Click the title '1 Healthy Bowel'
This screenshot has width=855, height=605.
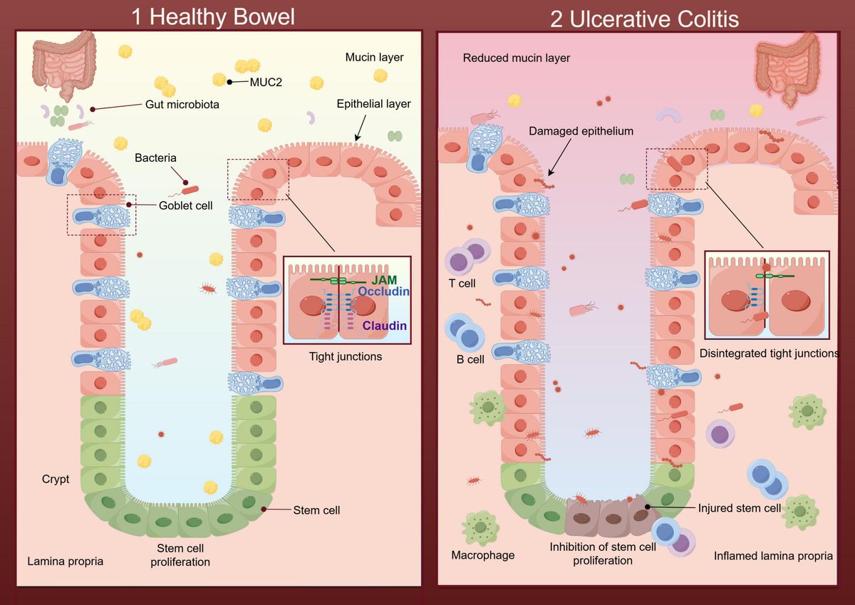(x=213, y=16)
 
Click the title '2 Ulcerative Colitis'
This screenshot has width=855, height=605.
(x=644, y=19)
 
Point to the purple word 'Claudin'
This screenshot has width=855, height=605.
(x=384, y=326)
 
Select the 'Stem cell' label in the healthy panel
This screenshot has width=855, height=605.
(x=316, y=510)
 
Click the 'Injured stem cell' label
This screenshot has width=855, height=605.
(x=739, y=508)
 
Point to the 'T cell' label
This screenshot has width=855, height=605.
(x=461, y=284)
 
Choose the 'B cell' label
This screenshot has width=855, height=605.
(x=470, y=359)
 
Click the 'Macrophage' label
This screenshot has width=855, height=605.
(x=482, y=554)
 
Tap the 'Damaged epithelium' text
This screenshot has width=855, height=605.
(x=581, y=132)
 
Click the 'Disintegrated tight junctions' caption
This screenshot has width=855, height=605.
(x=768, y=353)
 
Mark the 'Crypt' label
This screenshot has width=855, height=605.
(x=56, y=479)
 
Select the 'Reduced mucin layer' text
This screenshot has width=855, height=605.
(x=516, y=58)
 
